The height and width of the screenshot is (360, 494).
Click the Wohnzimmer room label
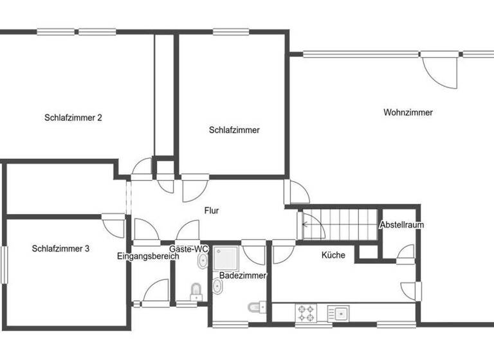tap(408, 113)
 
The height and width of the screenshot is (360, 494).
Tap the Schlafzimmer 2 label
tap(73, 118)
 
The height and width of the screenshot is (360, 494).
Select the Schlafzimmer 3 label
tap(60, 248)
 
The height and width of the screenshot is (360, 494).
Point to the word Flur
tap(212, 210)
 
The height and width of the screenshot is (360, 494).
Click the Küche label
tap(333, 255)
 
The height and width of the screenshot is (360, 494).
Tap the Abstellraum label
tap(401, 225)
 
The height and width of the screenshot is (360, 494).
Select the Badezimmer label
tap(239, 275)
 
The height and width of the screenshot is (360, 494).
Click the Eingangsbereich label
tap(148, 256)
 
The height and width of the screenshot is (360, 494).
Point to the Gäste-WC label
tap(188, 248)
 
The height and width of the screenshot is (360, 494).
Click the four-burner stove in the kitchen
tap(306, 314)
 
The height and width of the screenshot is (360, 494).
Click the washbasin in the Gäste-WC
tap(202, 262)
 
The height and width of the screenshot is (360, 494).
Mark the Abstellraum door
tap(406, 251)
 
